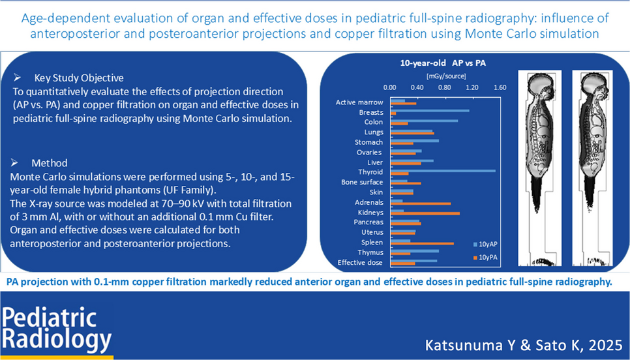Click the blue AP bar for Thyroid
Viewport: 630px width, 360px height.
point(442,171)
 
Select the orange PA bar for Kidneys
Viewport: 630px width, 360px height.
point(425,213)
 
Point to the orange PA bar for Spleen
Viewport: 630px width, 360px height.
point(421,243)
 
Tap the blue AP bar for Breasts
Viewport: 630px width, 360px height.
point(429,111)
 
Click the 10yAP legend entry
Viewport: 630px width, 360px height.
point(488,243)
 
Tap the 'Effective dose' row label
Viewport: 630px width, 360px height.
point(360,262)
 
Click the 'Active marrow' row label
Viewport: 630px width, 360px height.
point(359,102)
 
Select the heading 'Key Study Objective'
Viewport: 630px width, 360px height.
point(78,77)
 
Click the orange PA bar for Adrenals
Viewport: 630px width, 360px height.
point(420,203)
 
